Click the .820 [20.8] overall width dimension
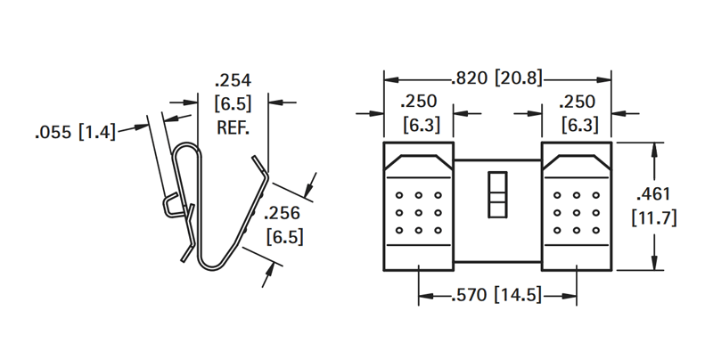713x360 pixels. [497, 78]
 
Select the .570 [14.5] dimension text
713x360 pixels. [497, 296]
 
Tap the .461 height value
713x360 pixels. [654, 194]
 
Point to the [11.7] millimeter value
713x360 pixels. [654, 217]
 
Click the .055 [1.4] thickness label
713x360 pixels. [76, 132]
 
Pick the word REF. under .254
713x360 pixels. [233, 127]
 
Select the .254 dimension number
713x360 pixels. [233, 80]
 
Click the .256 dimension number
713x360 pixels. [283, 213]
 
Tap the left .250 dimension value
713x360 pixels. [419, 101]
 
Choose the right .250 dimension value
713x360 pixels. [577, 101]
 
